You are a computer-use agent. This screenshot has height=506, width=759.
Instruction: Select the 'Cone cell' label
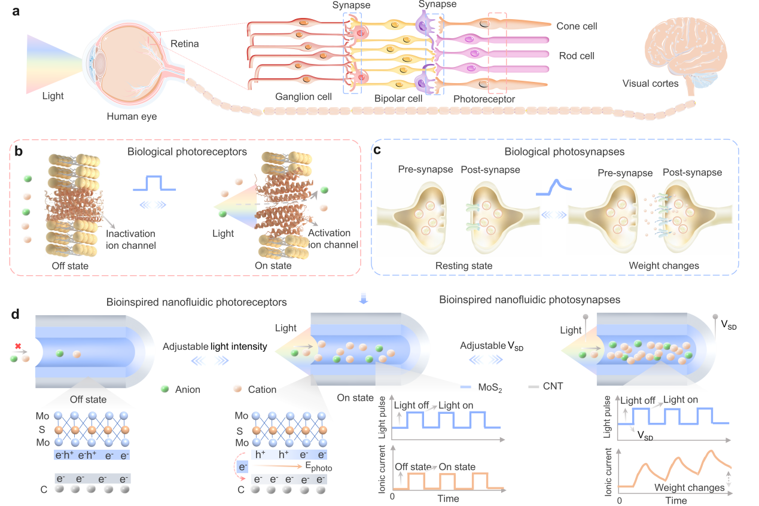click(x=577, y=26)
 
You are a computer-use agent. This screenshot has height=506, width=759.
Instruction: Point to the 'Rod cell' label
click(x=576, y=56)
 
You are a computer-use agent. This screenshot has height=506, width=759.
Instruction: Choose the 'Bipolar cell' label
click(x=399, y=98)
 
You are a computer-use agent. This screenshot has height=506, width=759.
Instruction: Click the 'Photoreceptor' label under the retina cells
click(x=484, y=99)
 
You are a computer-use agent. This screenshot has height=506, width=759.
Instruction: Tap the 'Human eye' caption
click(x=132, y=117)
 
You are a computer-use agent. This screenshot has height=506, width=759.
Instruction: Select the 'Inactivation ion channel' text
click(x=131, y=239)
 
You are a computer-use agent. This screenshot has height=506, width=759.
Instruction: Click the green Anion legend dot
click(x=164, y=389)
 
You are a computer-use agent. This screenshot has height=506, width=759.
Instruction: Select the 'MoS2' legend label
click(x=490, y=388)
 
